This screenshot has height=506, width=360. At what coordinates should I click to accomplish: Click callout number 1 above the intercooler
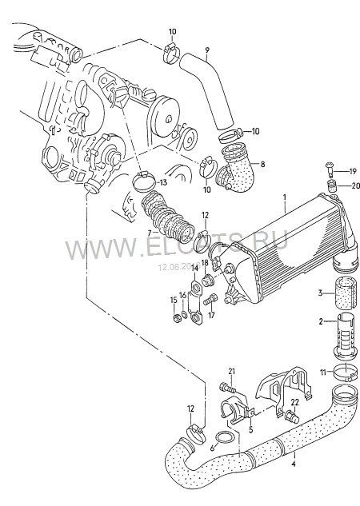pos(282,195)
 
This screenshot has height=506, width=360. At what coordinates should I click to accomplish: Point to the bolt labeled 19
pos(330,170)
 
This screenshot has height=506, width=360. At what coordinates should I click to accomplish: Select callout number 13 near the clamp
pos(163,182)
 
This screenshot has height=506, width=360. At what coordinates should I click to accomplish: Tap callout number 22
pos(294,401)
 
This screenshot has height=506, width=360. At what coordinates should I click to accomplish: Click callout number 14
pos(194,268)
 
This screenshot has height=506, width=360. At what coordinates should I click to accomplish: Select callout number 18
pos(205,262)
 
